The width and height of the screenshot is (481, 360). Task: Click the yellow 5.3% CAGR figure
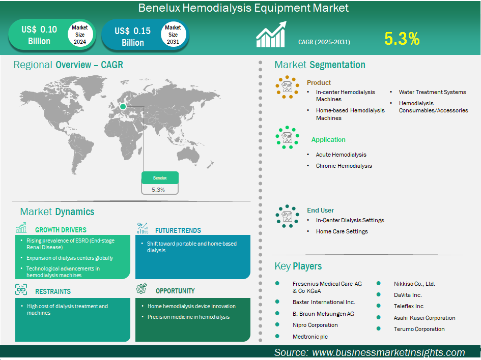click(x=402, y=39)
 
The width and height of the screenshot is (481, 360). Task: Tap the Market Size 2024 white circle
click(x=80, y=35)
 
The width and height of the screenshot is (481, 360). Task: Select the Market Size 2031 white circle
click(x=173, y=35)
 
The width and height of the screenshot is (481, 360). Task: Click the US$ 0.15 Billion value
click(x=132, y=37)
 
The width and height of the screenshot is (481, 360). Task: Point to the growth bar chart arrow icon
click(x=271, y=34)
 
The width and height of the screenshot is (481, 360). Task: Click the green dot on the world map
click(x=123, y=106)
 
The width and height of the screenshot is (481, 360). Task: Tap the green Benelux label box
click(x=160, y=177)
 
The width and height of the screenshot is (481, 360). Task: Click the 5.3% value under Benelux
click(x=158, y=190)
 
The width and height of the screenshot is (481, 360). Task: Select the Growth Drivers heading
click(x=61, y=230)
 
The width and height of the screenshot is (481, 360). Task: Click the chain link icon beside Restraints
click(x=21, y=289)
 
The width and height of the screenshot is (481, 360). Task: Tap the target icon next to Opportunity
click(x=142, y=289)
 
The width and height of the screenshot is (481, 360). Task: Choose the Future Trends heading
click(x=178, y=230)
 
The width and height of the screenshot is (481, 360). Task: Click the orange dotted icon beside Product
click(x=287, y=87)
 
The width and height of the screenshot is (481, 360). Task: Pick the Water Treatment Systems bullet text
click(x=432, y=92)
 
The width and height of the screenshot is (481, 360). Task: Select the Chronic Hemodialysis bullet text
click(x=344, y=166)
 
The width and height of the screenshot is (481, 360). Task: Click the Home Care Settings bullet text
click(x=342, y=231)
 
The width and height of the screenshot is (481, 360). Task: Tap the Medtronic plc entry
click(x=310, y=337)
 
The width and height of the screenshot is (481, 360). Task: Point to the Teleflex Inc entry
click(x=409, y=306)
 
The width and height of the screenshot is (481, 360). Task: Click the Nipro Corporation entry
click(x=315, y=325)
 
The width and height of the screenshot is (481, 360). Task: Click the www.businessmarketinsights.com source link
click(x=388, y=352)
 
